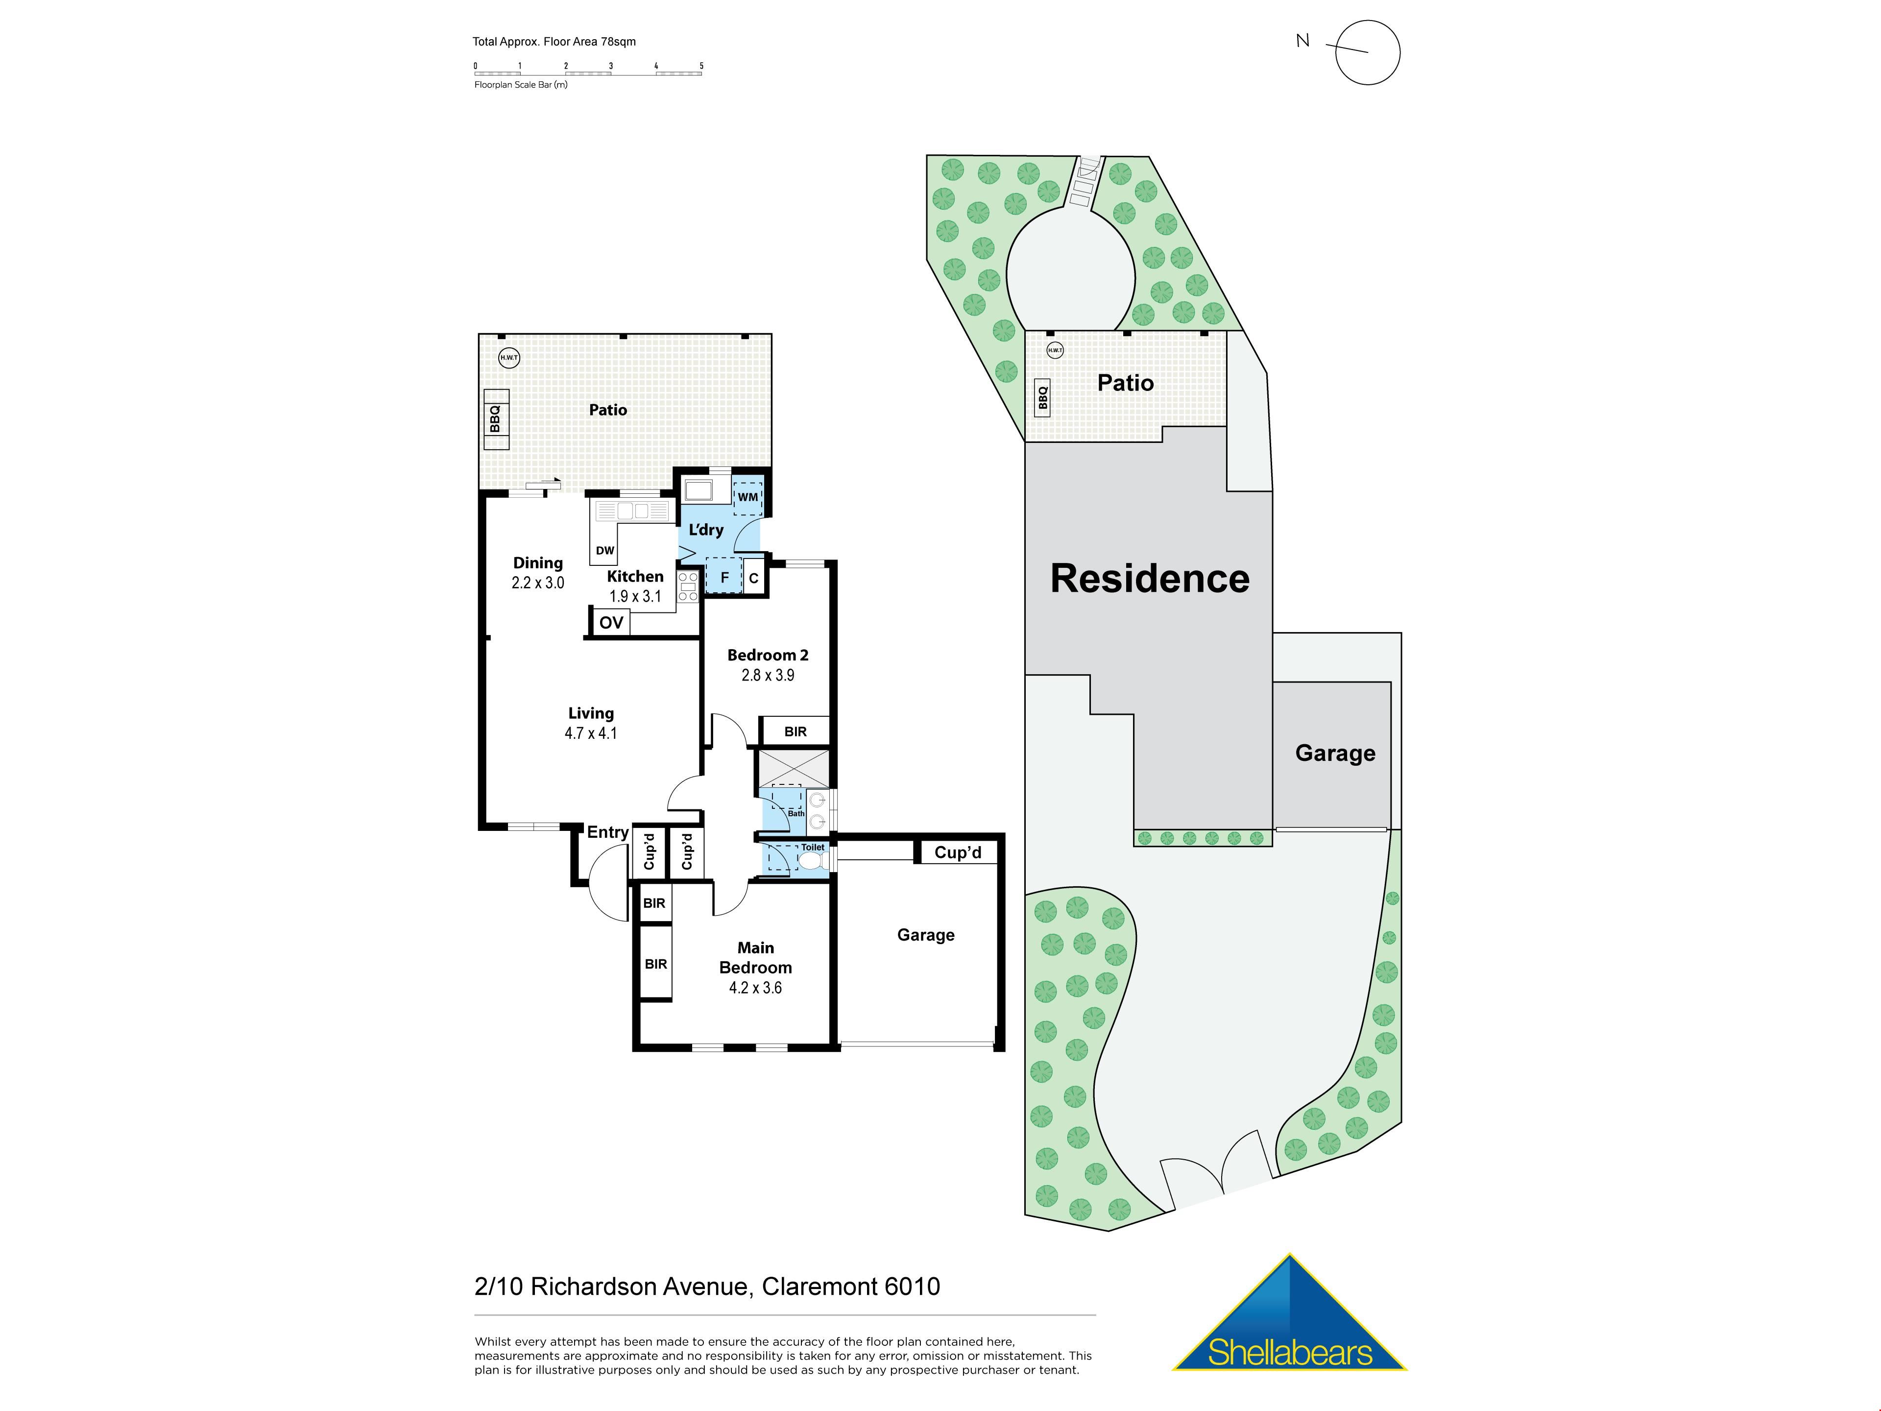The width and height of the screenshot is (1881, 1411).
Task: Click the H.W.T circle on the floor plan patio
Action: click(x=508, y=357)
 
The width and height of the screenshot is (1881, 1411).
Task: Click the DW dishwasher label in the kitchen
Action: click(x=604, y=550)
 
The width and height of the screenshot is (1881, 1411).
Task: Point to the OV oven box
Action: click(x=610, y=622)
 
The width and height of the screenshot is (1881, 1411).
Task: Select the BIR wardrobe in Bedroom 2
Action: click(x=795, y=731)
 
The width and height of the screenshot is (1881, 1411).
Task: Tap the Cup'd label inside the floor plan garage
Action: click(x=958, y=852)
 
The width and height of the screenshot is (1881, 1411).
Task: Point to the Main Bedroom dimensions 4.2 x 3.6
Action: click(x=755, y=987)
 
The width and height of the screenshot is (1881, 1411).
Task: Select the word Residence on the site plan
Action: click(x=1150, y=578)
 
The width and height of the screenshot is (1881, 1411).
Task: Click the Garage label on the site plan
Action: click(x=1335, y=754)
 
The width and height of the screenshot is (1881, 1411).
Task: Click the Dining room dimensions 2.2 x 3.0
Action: click(x=537, y=583)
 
